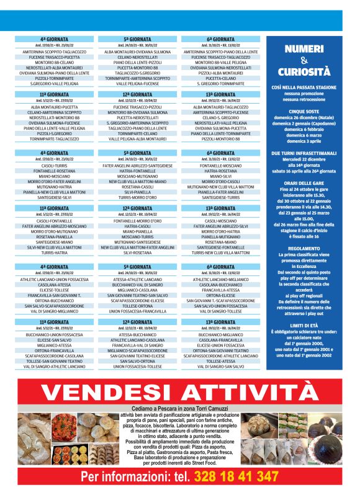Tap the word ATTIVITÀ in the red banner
pos(245,393)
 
